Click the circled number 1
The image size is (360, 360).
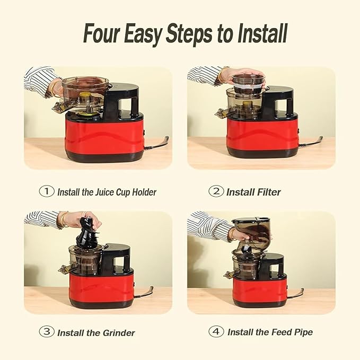click(47, 191)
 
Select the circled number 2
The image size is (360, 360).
click(215, 191)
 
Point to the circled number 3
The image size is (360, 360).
click(47, 332)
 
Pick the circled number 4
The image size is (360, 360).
click(215, 332)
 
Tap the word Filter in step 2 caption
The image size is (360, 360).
click(269, 192)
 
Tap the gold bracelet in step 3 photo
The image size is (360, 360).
click(64, 219)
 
